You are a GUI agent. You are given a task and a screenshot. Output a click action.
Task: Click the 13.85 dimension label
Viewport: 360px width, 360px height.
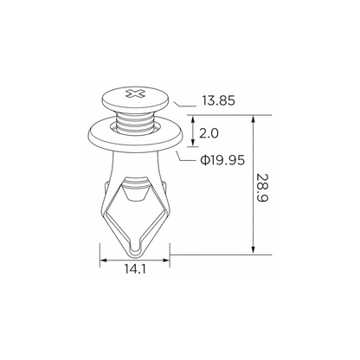[218, 101]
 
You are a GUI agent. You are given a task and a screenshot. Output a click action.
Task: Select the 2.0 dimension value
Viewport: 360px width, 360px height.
[209, 133]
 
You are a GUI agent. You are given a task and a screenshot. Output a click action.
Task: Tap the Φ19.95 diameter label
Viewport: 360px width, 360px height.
[222, 160]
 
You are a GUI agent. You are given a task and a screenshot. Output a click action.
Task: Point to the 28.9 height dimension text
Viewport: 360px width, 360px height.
[262, 188]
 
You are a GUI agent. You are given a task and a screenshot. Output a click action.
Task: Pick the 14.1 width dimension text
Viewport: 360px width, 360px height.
[135, 269]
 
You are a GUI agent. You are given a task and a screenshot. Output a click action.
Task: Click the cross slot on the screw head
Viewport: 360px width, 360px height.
[135, 93]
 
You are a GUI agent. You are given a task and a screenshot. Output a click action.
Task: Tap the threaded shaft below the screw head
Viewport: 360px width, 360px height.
[135, 124]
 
